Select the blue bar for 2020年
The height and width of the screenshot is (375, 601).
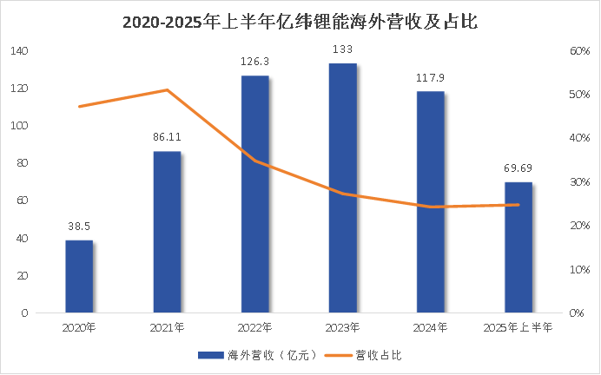[79, 276]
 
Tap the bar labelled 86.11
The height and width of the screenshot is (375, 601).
[167, 232]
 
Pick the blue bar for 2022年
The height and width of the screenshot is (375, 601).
[254, 194]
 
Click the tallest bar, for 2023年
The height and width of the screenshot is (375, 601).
[342, 187]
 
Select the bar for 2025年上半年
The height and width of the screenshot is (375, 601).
[518, 247]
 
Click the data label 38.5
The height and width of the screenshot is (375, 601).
[79, 226]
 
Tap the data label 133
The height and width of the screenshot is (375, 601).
[342, 49]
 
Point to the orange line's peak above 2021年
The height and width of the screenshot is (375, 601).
[167, 90]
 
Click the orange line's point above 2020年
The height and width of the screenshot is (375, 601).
[79, 107]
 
